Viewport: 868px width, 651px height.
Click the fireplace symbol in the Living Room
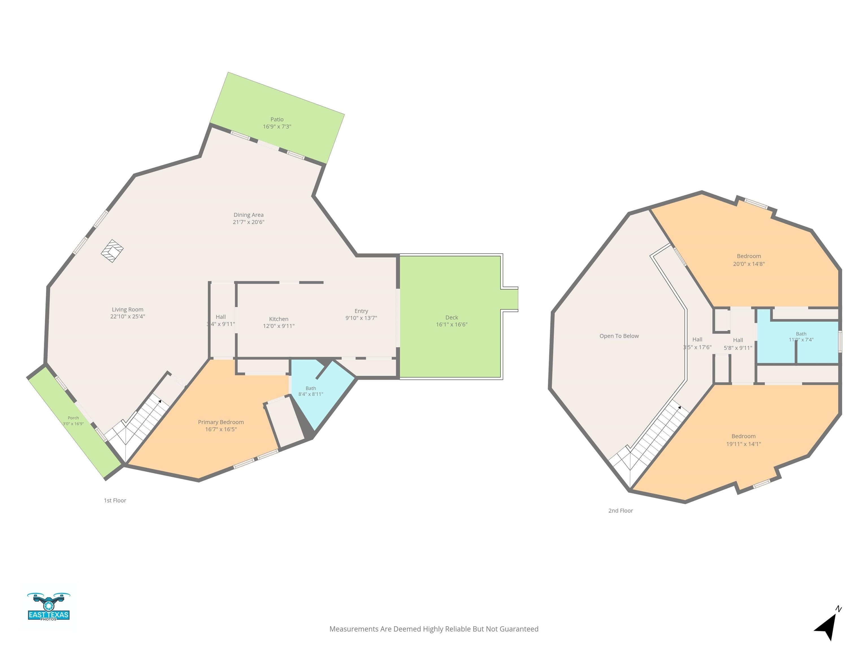click(112, 251)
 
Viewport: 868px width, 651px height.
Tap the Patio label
click(277, 119)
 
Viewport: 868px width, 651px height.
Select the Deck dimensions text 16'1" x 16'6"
click(452, 325)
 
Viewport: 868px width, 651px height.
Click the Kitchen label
click(279, 319)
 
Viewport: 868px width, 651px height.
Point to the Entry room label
click(361, 311)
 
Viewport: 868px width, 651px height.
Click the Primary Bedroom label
click(221, 422)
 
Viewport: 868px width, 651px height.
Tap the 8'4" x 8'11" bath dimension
click(311, 394)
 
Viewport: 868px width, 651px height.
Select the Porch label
click(73, 418)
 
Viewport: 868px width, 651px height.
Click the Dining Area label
click(248, 215)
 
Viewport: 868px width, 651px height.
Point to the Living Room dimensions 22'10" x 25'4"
click(127, 316)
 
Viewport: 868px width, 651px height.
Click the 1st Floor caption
click(115, 500)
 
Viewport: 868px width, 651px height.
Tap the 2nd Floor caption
click(621, 511)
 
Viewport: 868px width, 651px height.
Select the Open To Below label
click(619, 336)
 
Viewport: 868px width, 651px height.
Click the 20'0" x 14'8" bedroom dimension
click(749, 264)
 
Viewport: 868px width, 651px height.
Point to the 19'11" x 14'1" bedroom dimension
click(744, 444)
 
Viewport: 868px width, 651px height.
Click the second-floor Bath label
click(801, 334)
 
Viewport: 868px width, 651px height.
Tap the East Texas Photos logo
click(49, 607)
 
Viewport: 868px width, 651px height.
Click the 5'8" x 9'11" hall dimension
click(738, 348)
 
